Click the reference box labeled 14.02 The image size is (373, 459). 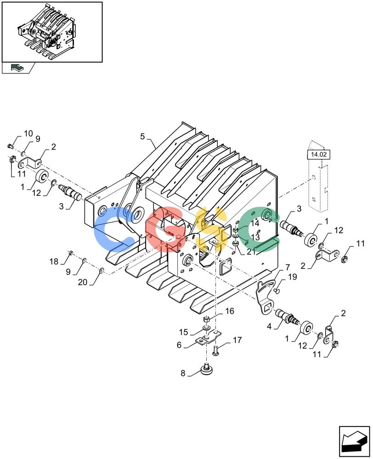318,154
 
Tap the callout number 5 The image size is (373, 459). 142,136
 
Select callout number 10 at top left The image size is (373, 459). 28,134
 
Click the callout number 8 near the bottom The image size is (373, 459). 183,373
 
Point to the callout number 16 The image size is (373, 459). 230,311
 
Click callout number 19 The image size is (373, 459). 293,277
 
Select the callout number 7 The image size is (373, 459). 288,267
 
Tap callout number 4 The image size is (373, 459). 269,326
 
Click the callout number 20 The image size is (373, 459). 83,282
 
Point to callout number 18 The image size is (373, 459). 54,262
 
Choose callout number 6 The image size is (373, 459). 179,345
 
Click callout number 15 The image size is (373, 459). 183,332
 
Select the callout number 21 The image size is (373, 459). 251,252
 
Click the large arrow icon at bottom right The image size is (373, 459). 354,441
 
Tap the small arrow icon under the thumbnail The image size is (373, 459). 17,68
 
